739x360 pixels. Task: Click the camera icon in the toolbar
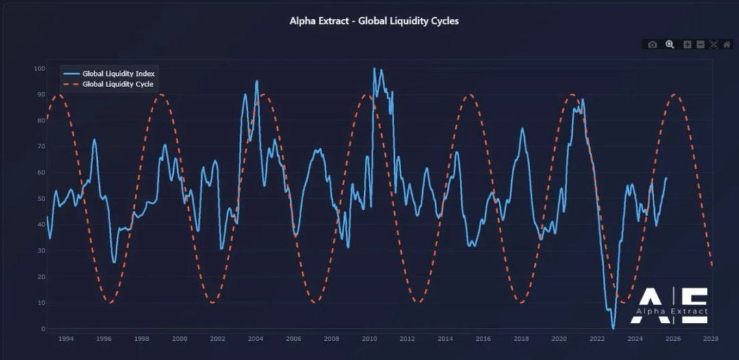[652, 44]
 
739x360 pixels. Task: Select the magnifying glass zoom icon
[670, 44]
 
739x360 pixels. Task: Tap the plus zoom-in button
[688, 44]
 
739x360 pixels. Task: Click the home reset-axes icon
[727, 44]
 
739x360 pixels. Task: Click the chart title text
[374, 21]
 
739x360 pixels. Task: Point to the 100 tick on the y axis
[40, 68]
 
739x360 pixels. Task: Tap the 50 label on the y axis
[40, 198]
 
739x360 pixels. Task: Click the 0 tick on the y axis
[42, 329]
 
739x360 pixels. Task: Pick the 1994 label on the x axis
[66, 338]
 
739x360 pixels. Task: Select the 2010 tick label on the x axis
[369, 338]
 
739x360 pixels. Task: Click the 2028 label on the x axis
[711, 338]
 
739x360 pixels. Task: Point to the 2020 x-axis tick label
[559, 338]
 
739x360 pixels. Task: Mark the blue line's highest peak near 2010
[374, 68]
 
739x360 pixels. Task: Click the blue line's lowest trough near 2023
[613, 329]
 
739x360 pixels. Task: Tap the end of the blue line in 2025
[666, 178]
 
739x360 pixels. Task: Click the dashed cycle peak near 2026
[675, 94]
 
